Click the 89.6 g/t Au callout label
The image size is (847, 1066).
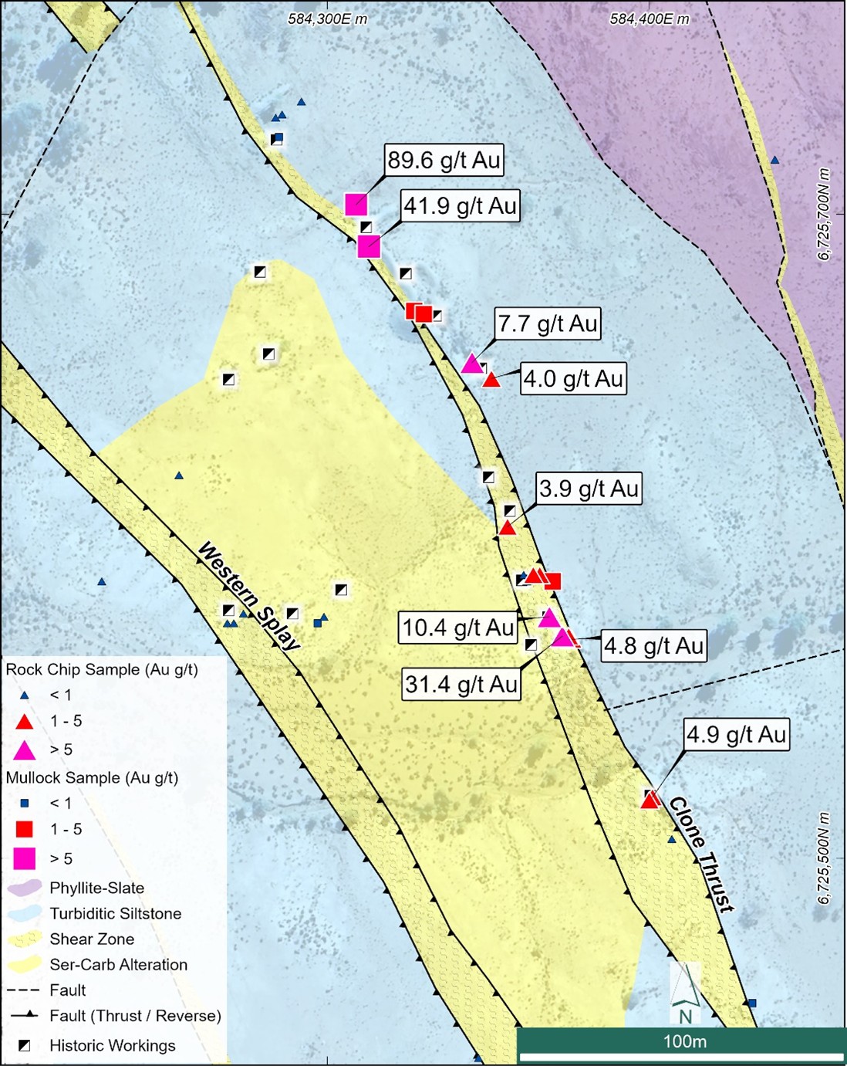tap(444, 161)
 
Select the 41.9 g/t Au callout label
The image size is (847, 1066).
tap(460, 206)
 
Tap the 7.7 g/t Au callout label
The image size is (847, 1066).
tap(548, 323)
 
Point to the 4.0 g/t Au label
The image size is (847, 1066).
tap(573, 379)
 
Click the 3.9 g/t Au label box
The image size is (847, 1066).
tap(589, 489)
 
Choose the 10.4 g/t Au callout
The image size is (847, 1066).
tap(458, 628)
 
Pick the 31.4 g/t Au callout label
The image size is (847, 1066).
tap(461, 685)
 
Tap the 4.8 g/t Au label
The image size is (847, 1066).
tap(653, 646)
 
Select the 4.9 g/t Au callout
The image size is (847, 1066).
tap(736, 734)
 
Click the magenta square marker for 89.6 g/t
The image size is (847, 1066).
tap(356, 205)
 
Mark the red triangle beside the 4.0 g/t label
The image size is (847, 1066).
tap(491, 379)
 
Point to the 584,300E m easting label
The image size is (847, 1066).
tap(328, 19)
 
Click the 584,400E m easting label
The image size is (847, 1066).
tap(650, 19)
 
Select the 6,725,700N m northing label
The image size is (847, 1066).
tap(825, 215)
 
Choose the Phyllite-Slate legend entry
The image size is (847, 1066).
tap(96, 888)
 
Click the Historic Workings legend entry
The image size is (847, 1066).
tap(112, 1045)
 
